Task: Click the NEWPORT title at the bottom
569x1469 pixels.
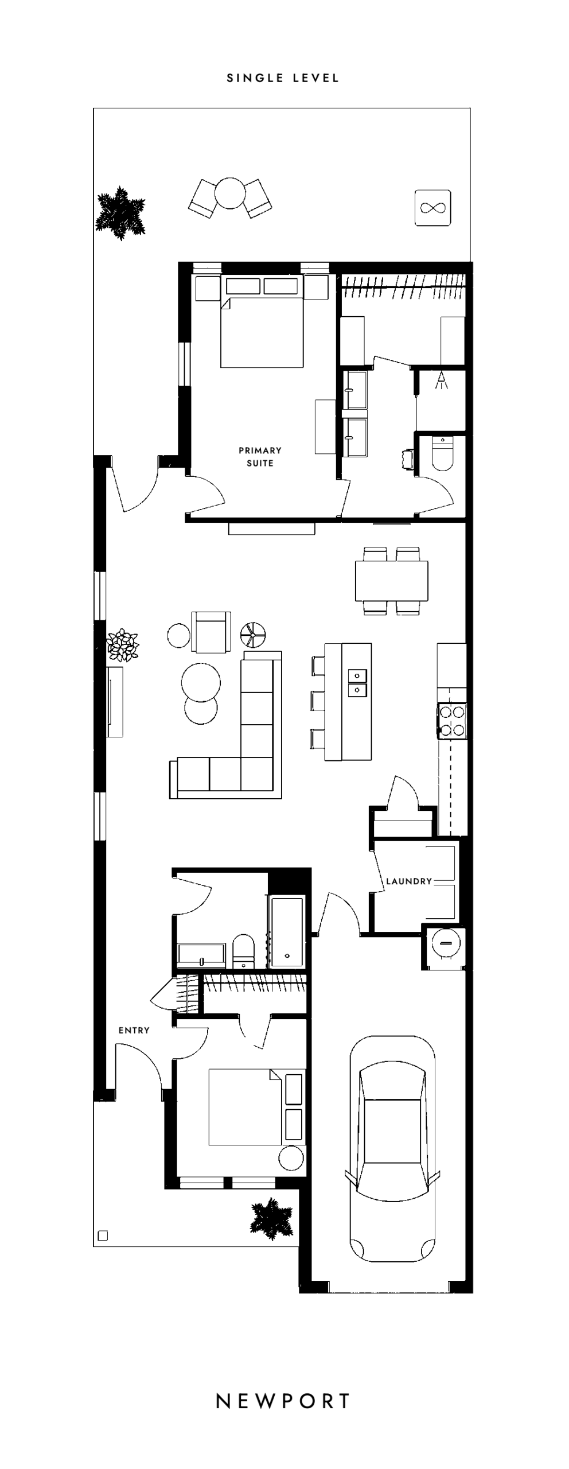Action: coord(283,1401)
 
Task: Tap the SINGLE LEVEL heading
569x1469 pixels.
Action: coord(283,78)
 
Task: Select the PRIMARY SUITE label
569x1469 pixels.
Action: coord(260,457)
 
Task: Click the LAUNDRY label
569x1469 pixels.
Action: coord(409,881)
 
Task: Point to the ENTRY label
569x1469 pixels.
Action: coord(134,1030)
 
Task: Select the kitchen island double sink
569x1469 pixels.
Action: coord(357,682)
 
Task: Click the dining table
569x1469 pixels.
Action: coord(392,581)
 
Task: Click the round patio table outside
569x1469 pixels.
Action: coord(229,193)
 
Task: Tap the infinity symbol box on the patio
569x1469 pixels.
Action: coord(433,207)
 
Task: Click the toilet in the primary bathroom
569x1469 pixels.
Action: coord(442,453)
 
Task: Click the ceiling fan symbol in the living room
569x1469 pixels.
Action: coord(253,634)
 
